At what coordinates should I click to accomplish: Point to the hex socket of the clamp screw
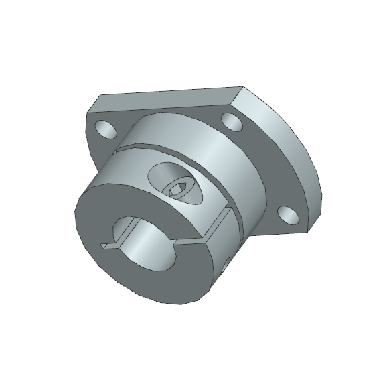(177, 190)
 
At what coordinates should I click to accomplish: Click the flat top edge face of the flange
(167, 97)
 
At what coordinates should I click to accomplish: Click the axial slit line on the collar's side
(228, 218)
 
